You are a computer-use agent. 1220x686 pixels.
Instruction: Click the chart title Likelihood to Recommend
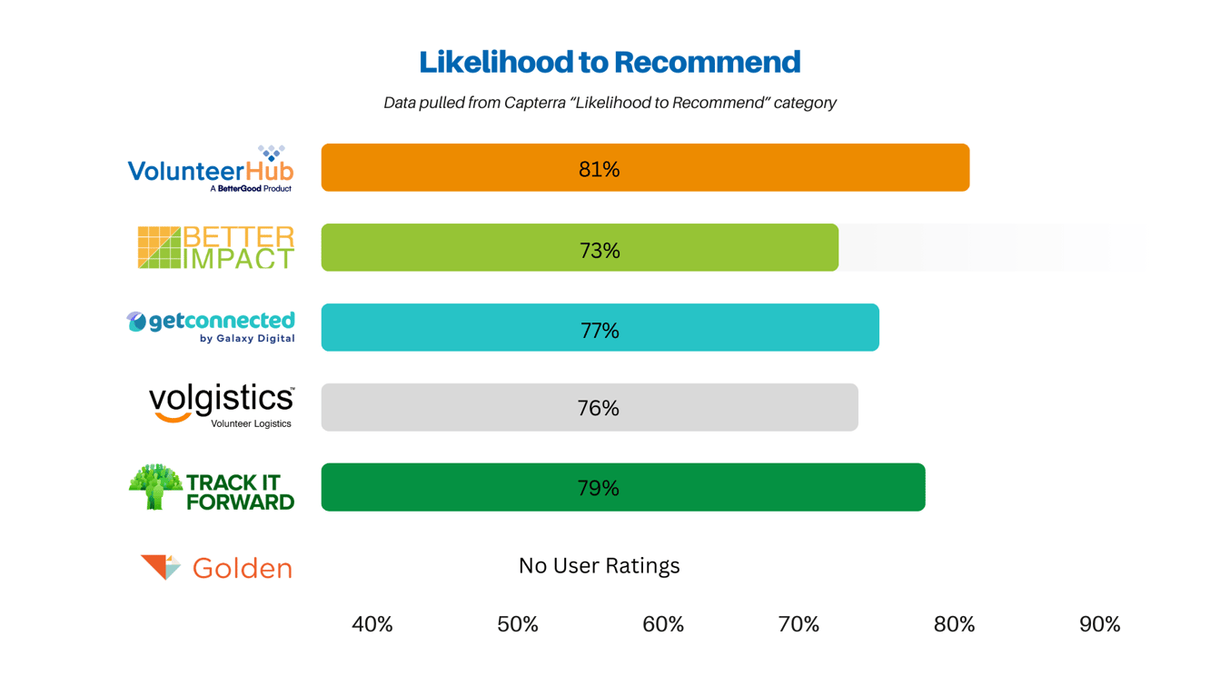point(610,62)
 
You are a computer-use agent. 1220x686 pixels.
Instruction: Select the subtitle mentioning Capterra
point(610,103)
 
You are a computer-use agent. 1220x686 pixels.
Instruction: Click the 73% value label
point(600,250)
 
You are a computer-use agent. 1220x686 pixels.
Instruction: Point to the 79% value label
point(598,489)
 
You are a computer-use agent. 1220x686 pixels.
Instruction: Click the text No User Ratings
point(599,566)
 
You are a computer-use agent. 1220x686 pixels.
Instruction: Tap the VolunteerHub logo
point(211,170)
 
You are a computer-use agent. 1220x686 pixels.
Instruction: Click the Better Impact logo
point(216,248)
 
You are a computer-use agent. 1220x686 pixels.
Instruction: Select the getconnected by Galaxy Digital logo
point(211,327)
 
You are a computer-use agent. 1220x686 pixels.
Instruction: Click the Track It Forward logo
point(211,489)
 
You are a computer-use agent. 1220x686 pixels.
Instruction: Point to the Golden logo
point(216,568)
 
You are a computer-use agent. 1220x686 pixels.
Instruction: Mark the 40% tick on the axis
point(372,624)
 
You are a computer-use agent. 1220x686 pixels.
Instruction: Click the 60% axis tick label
point(663,624)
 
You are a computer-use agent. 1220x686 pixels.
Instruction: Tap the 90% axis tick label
point(1099,624)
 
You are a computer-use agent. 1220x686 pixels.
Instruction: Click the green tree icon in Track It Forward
point(155,487)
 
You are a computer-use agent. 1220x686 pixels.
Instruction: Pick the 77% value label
point(600,331)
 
